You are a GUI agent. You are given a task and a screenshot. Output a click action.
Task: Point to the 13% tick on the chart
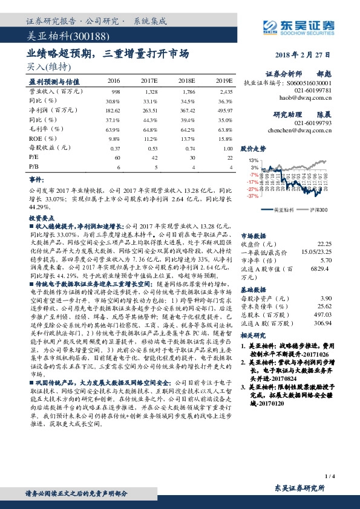[254, 160]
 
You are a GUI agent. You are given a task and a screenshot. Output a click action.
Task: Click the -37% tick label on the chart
[253, 196]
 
